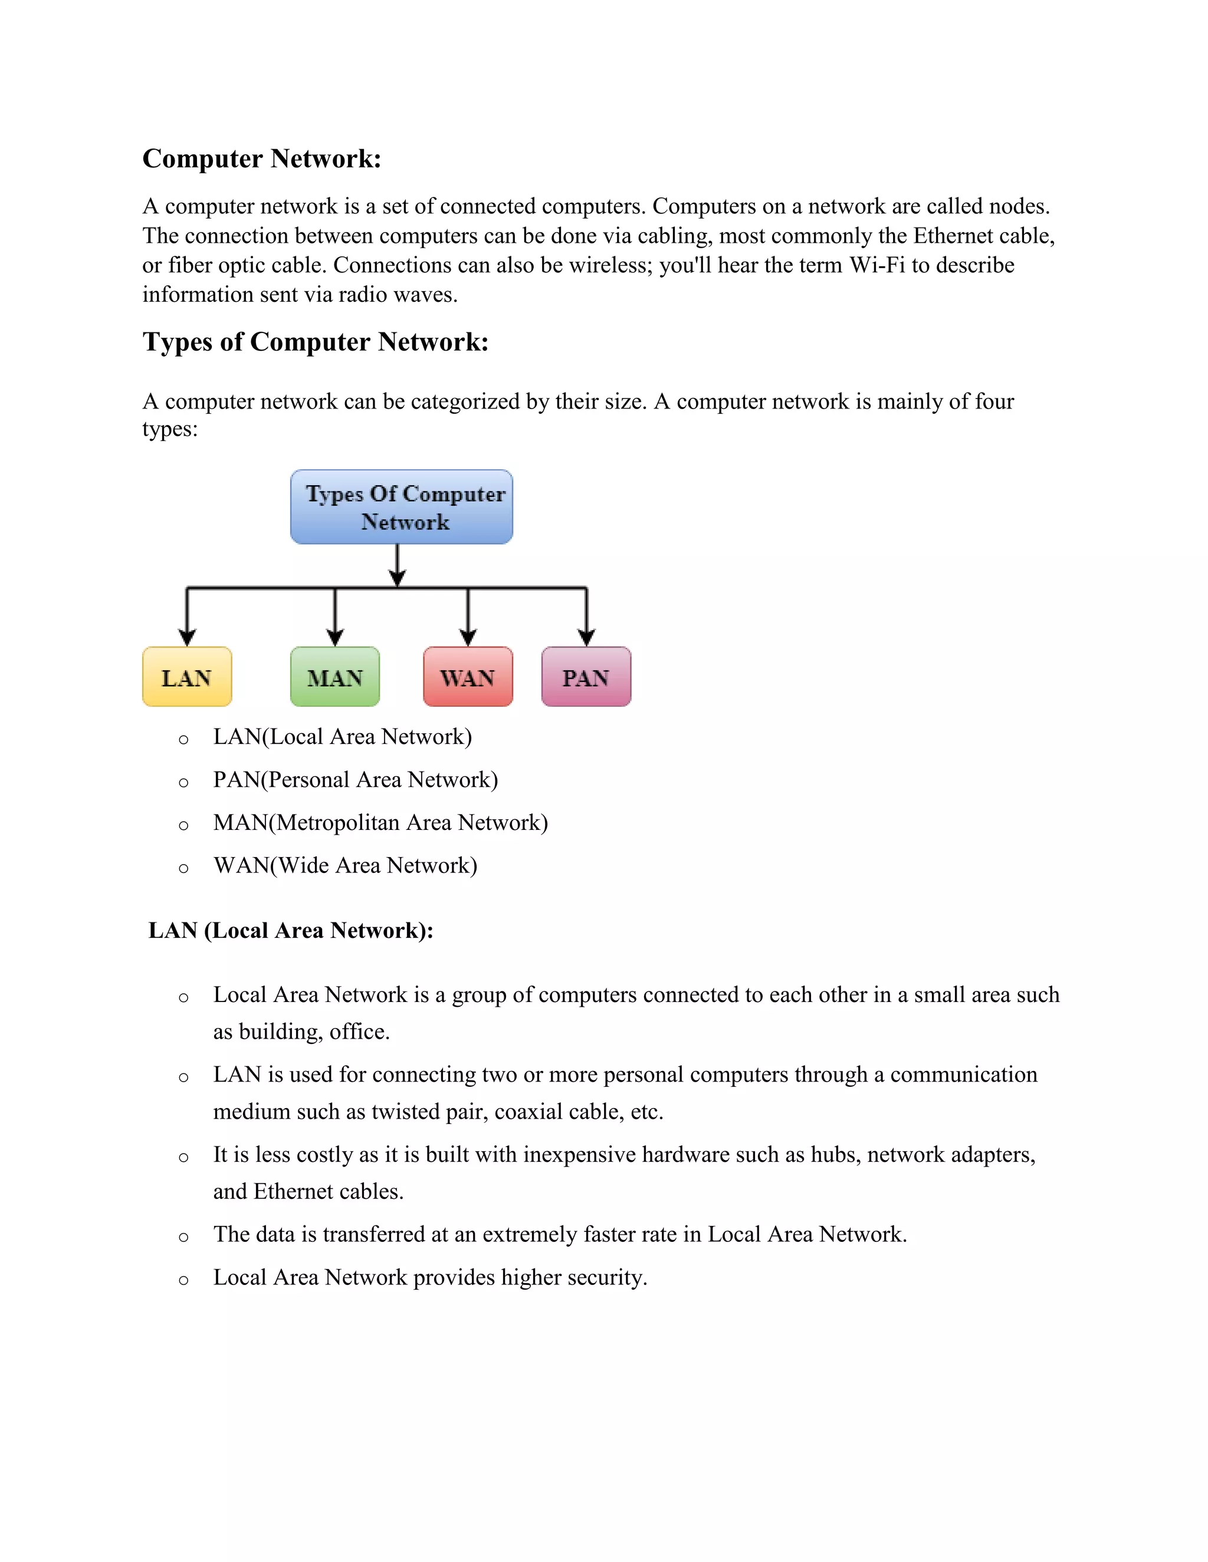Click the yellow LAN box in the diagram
[187, 677]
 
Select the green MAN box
[335, 677]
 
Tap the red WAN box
[468, 677]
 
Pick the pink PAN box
[586, 677]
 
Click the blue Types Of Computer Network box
[402, 506]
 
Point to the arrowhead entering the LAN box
[188, 637]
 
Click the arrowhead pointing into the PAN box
[587, 637]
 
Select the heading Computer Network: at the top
[262, 159]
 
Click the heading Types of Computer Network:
[316, 342]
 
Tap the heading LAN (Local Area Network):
[291, 931]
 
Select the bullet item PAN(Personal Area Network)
[355, 780]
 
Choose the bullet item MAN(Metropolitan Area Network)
[380, 822]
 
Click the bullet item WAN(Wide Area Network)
[345, 865]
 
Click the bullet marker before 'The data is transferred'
[184, 1237]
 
